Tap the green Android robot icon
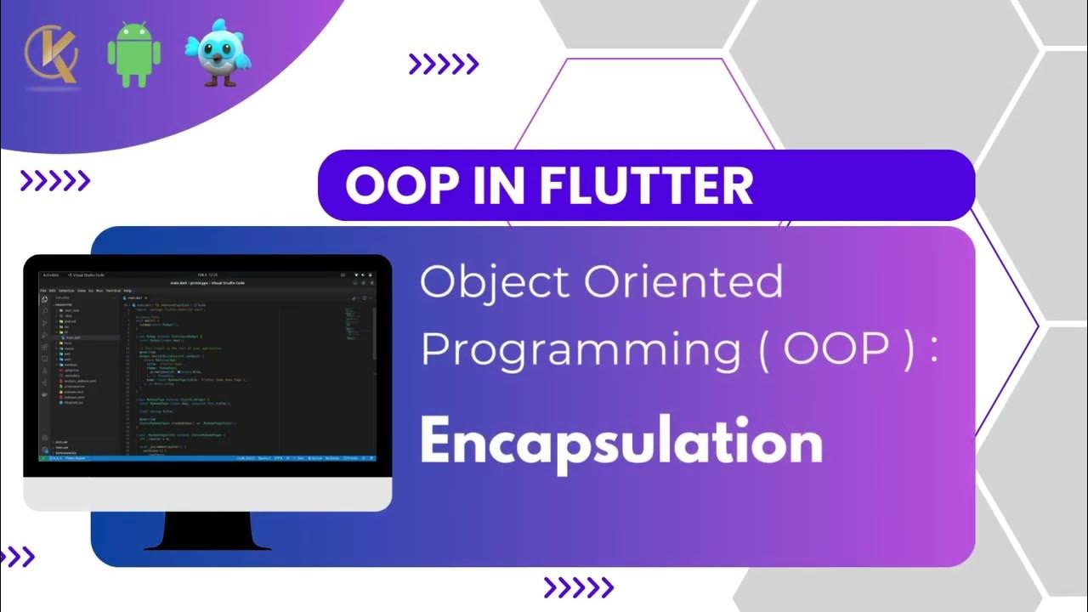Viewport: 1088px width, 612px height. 133,54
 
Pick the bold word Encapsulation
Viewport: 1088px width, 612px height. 621,442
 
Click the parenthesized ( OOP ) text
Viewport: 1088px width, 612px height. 837,350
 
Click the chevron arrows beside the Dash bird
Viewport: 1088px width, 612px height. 444,64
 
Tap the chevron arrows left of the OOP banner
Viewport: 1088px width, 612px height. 55,179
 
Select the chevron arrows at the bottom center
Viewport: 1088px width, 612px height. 578,587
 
